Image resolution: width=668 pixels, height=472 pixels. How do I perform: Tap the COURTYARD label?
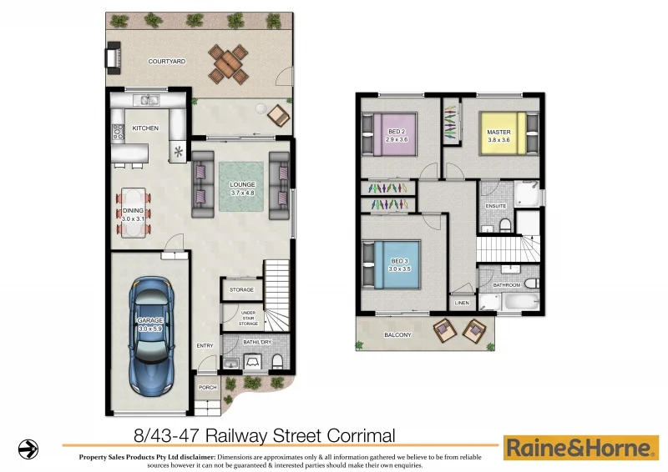point(166,61)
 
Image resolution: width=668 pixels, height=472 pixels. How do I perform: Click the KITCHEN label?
point(145,128)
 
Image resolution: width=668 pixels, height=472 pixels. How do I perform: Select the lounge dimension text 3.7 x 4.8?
point(242,193)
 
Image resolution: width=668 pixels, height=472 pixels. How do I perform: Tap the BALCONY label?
point(397,335)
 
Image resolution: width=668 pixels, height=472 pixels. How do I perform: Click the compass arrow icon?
point(28,449)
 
